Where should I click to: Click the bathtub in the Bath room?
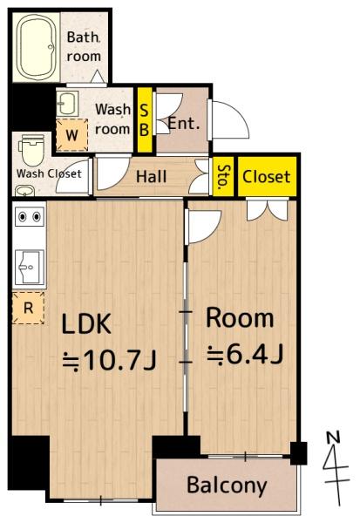[36, 47]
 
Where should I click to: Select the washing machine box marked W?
[71, 135]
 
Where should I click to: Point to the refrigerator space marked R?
[29, 308]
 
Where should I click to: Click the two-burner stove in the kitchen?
[30, 217]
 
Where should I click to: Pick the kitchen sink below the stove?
[30, 267]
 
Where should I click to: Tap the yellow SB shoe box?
[145, 119]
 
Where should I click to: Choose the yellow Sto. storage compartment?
[223, 176]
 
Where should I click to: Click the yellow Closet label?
[266, 176]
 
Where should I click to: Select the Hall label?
[151, 176]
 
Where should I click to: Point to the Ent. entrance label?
[184, 124]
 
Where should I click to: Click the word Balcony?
[227, 486]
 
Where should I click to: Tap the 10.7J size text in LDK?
[110, 361]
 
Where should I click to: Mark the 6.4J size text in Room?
[246, 355]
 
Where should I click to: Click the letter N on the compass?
[333, 438]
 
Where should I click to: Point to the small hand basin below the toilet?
[25, 191]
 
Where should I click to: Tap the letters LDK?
[86, 324]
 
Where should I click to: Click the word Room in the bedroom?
[240, 318]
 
